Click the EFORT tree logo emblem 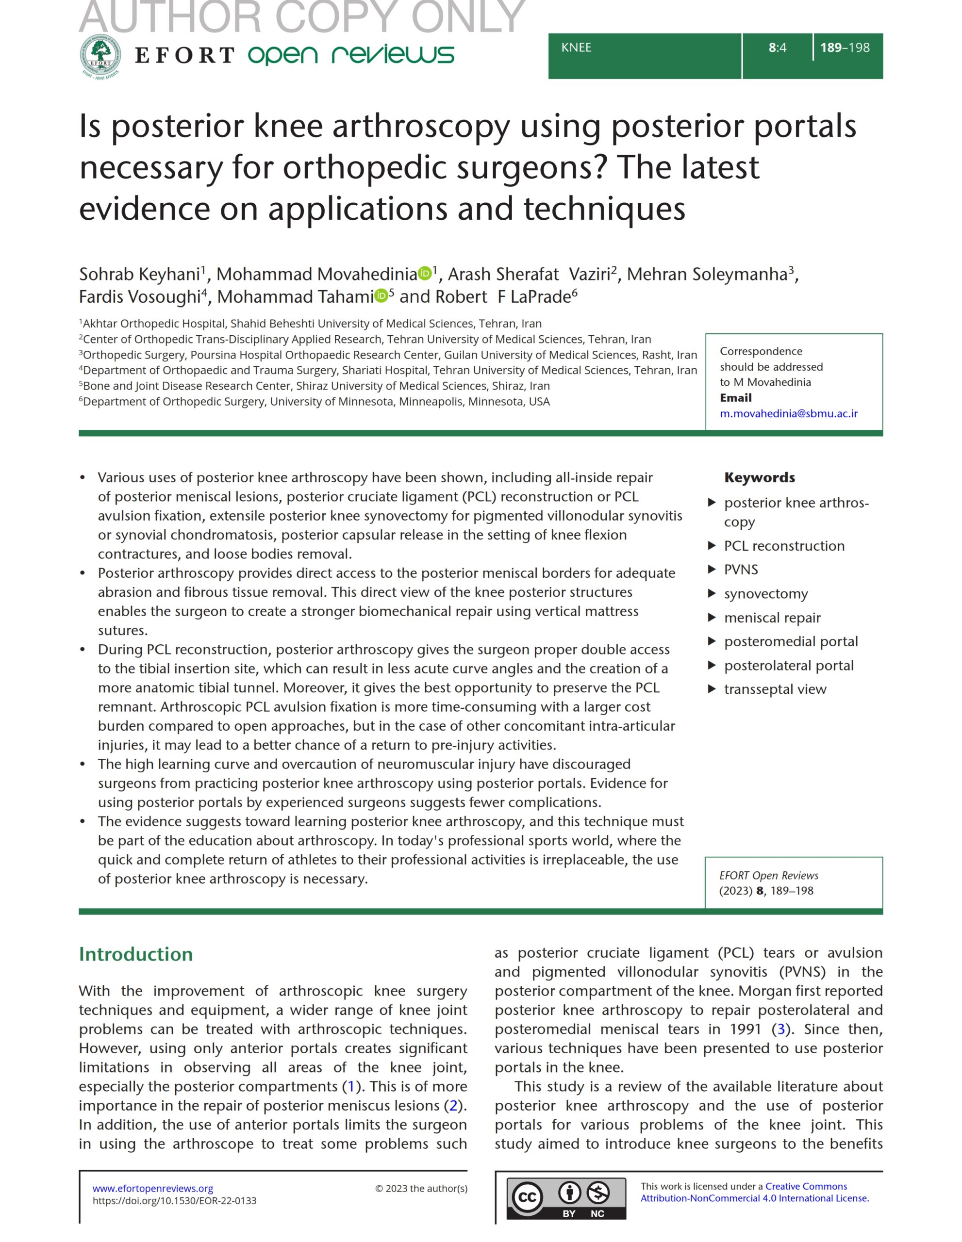(x=100, y=56)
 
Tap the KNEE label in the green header (x=576, y=48)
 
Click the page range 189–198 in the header (x=845, y=48)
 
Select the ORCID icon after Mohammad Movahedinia (x=424, y=274)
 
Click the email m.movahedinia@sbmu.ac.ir (x=789, y=413)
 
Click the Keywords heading (x=760, y=478)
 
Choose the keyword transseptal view (x=775, y=689)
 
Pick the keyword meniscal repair (x=772, y=618)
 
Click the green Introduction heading (x=136, y=954)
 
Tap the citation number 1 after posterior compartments (x=351, y=1087)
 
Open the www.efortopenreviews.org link (x=153, y=1188)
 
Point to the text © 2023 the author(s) (x=421, y=1189)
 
